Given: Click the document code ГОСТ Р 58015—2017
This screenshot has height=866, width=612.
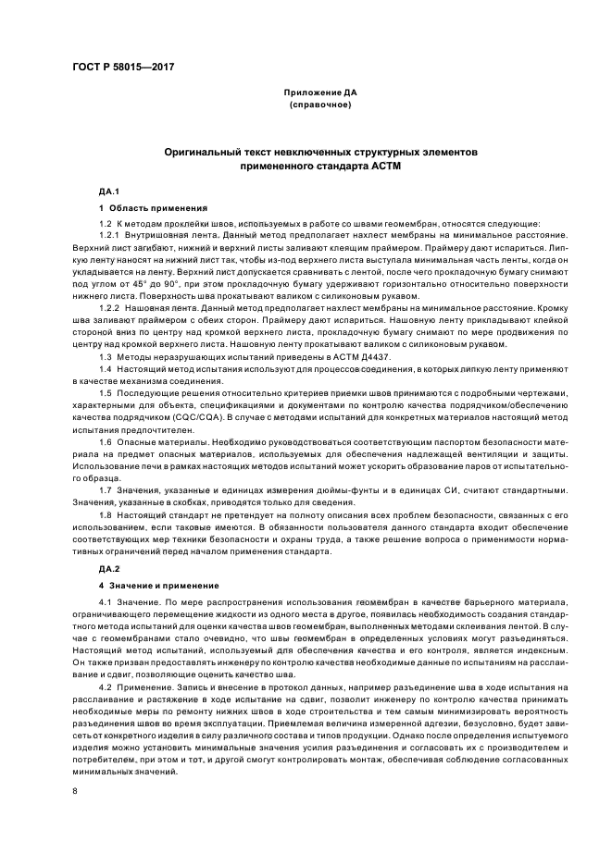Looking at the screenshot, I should [x=124, y=67].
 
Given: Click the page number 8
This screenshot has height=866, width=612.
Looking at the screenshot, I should [x=76, y=792].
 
